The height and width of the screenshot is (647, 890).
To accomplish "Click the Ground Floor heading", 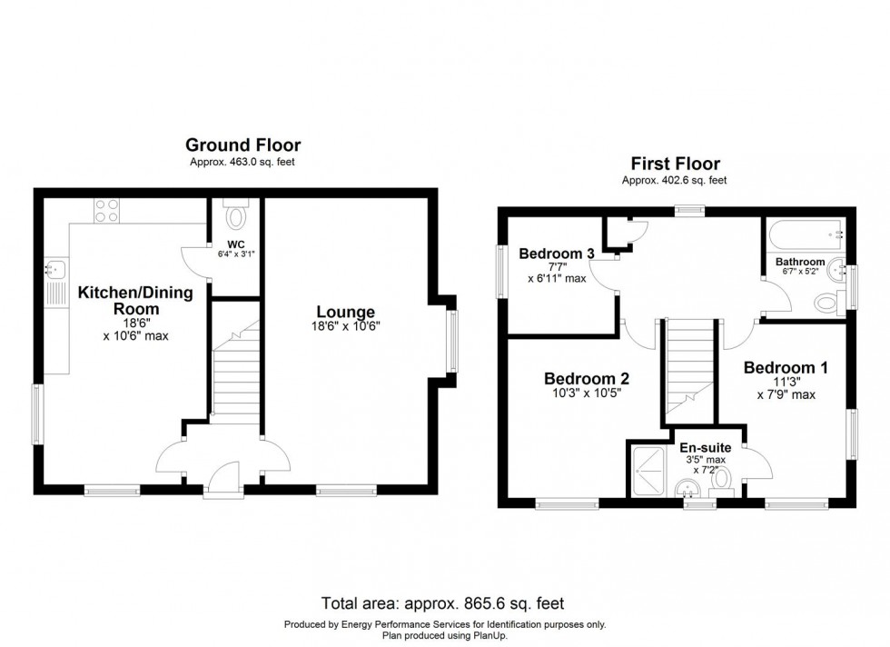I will (242, 144).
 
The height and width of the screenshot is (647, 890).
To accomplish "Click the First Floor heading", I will (675, 164).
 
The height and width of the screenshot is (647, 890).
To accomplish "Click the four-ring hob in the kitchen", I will (105, 211).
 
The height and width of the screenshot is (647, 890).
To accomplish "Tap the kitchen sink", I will (54, 270).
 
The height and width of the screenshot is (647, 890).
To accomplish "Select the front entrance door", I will (223, 480).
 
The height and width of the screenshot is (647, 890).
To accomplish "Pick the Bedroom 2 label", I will (586, 378).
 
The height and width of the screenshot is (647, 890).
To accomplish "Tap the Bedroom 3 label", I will (557, 254).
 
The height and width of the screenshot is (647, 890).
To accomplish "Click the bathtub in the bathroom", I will (805, 235).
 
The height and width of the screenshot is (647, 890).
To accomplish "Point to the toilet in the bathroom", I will (827, 302).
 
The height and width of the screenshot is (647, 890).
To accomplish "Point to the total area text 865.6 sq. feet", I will (444, 603).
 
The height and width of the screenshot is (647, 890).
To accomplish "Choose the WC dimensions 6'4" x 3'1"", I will (236, 254).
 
